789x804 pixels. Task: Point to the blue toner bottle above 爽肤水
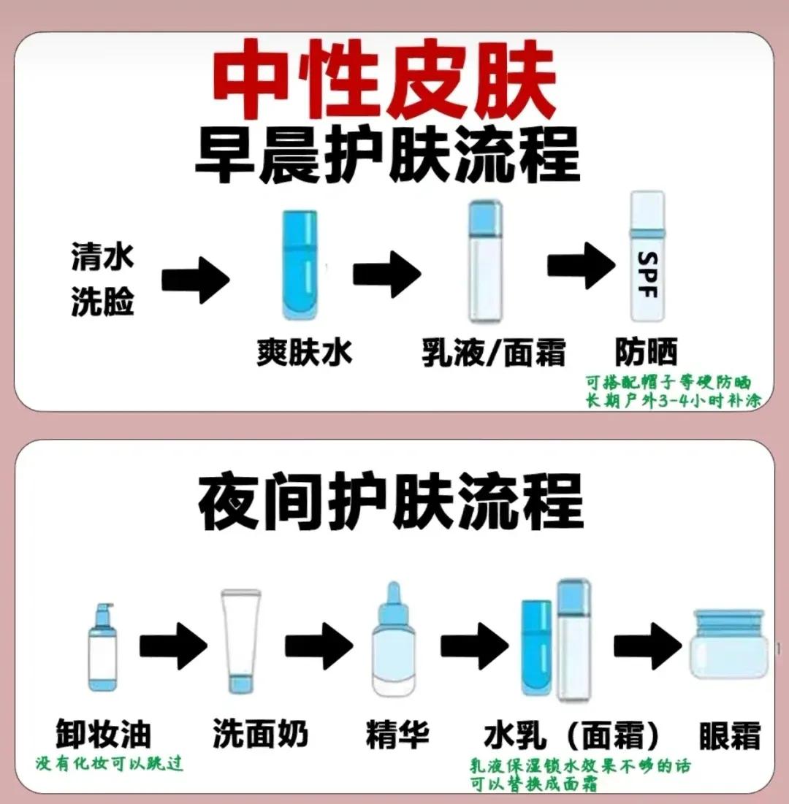300,267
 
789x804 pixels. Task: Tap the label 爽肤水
305,352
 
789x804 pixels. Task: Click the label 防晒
646,352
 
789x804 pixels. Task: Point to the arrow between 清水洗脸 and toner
194,277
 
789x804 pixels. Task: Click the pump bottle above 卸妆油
102,648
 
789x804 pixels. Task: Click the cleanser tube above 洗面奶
240,641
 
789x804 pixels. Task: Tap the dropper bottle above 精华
394,641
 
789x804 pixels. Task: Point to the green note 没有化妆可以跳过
110,765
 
